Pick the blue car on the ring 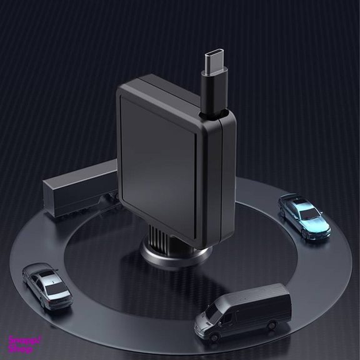[x=304, y=215]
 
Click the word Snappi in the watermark [x=24, y=340]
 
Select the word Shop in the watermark [x=21, y=349]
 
